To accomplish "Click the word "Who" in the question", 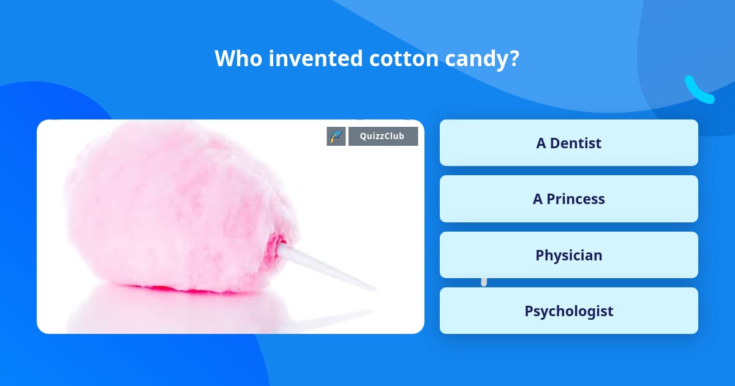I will [236, 59].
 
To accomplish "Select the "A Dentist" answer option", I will [568, 143].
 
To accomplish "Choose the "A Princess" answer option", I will [568, 199].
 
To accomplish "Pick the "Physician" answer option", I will [568, 255].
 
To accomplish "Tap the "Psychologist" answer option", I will [568, 311].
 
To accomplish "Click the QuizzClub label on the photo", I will [383, 136].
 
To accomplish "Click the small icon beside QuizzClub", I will [336, 136].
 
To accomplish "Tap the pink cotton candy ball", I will [178, 202].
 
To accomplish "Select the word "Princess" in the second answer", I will [576, 199].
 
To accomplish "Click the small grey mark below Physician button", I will [484, 282].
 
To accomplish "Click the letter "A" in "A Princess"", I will [538, 199].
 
